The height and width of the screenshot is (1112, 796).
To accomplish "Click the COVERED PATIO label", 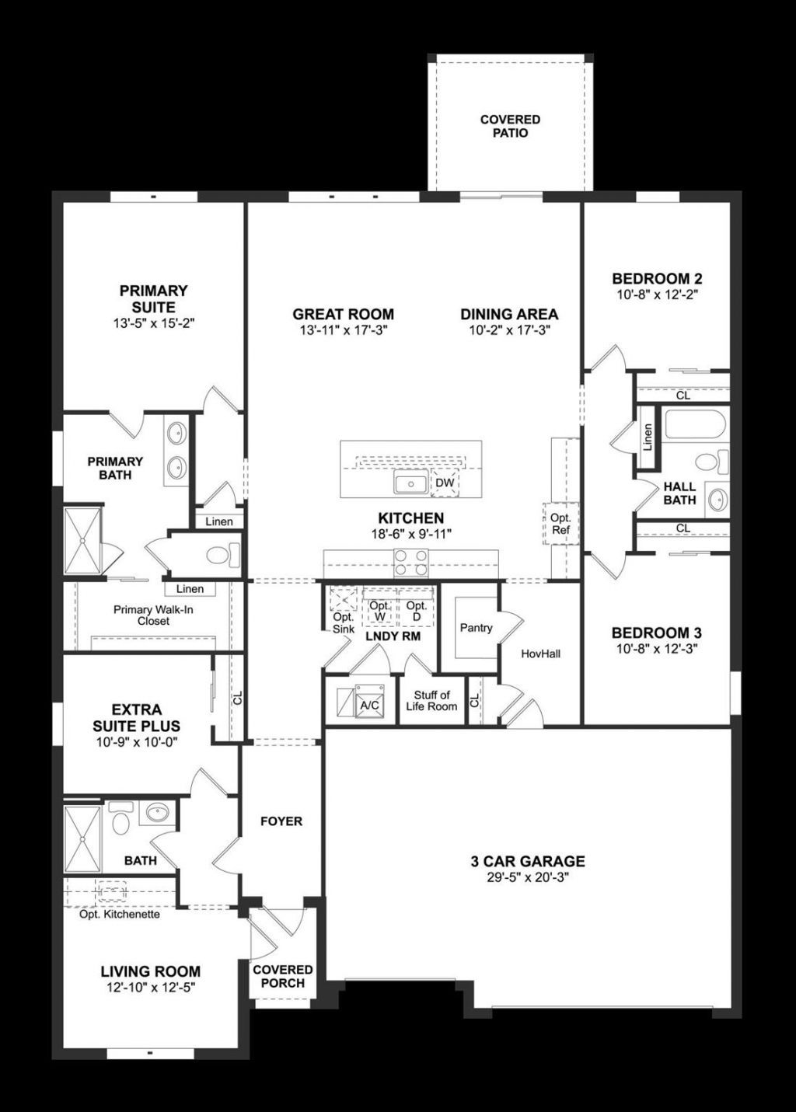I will (510, 126).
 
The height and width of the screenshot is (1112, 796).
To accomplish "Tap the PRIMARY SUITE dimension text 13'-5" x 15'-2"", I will (153, 323).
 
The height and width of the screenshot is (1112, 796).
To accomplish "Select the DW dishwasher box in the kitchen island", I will (445, 483).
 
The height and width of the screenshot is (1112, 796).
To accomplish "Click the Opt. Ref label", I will (560, 524).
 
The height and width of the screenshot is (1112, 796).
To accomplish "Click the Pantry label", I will (476, 628).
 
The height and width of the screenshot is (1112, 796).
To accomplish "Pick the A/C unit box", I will (368, 703).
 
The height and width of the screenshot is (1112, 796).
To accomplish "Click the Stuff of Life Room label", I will (431, 700).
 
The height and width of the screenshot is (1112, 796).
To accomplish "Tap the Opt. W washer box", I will (379, 611).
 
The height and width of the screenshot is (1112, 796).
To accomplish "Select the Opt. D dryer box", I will (416, 611).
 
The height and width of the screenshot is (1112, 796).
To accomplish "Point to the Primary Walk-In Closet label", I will (153, 615).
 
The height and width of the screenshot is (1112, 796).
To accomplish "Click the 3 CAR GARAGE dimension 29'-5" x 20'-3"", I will (528, 877).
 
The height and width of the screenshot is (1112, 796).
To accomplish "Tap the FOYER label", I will (281, 821).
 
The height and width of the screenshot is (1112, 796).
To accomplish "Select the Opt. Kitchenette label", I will (120, 914).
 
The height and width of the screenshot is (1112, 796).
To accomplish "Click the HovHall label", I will (540, 654).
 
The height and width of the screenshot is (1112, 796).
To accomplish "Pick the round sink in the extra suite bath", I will (158, 814).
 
